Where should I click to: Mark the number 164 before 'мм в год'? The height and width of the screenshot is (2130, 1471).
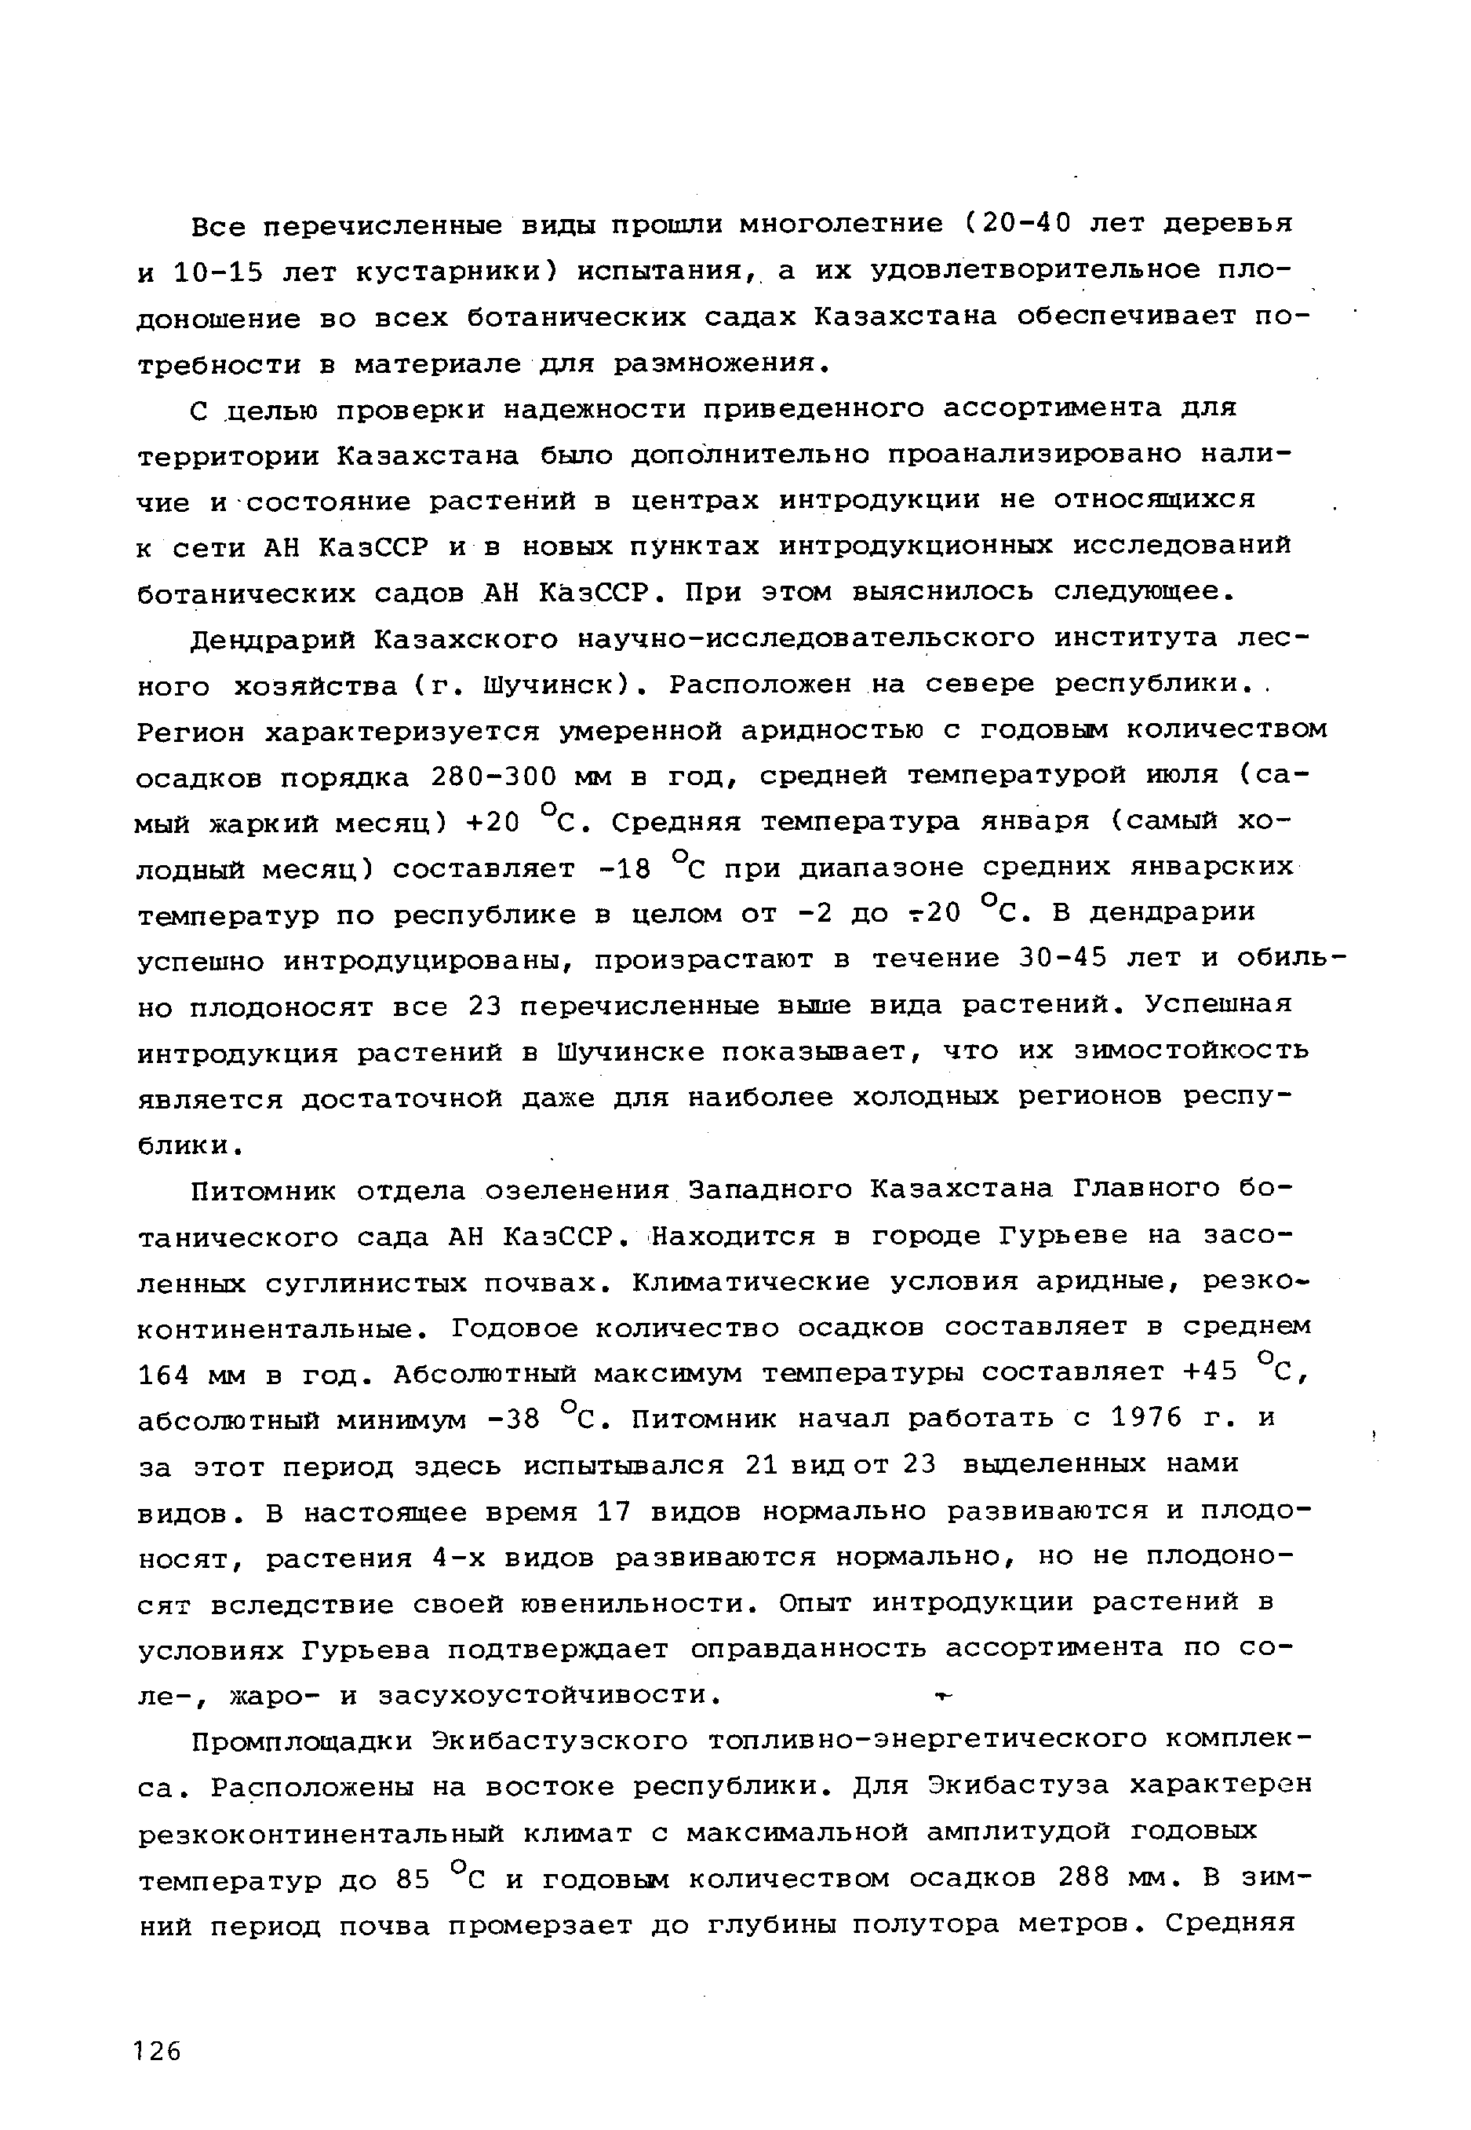click(164, 1375)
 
